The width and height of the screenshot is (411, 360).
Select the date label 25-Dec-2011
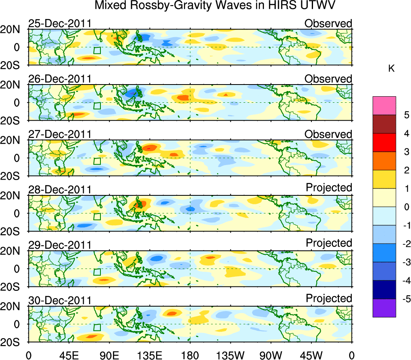coord(60,23)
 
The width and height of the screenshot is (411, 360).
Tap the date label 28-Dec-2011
coord(60,190)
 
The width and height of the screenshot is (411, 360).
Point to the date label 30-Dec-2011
coord(60,301)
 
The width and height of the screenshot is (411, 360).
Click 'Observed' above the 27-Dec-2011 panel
coord(328,134)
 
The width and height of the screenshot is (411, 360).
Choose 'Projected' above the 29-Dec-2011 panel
coord(329,243)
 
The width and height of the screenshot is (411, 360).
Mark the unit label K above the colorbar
coord(392,69)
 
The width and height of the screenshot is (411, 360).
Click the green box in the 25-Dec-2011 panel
coord(97,50)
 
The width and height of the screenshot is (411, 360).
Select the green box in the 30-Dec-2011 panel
coord(97,327)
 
